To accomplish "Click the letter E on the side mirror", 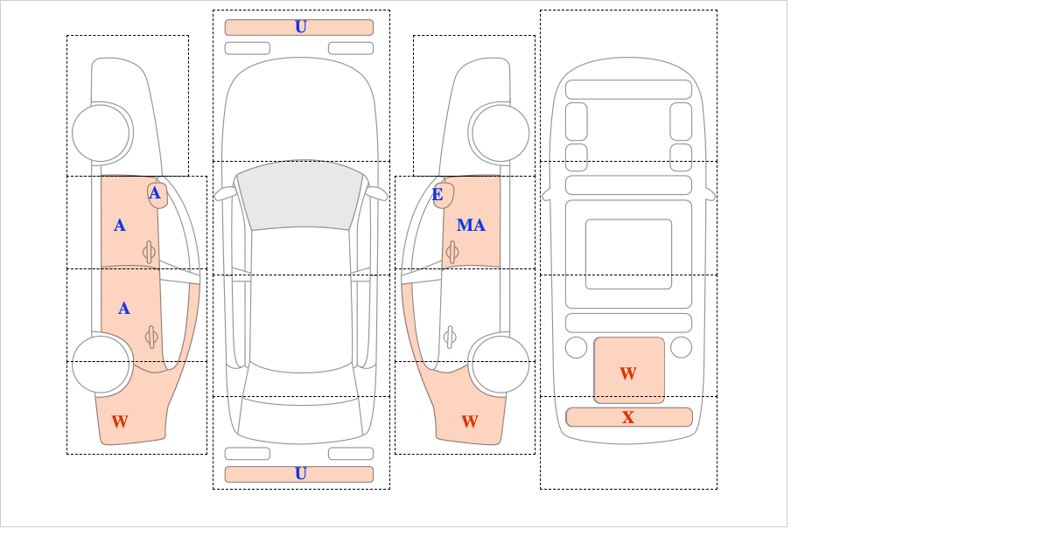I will [437, 194].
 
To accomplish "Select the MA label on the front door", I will [471, 226].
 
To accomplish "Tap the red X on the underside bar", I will [628, 417].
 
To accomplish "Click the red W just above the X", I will [628, 373].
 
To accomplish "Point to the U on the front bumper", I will [300, 27].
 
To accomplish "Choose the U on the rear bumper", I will [300, 474].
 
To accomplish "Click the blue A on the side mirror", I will [155, 193].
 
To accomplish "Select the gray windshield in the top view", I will [299, 195].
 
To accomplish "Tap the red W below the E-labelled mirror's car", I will [470, 421].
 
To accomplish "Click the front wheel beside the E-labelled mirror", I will [500, 133].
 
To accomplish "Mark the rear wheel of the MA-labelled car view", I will [500, 364].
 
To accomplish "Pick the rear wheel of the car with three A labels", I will [101, 364].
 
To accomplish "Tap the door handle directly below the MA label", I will [452, 252].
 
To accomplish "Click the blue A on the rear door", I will [124, 308].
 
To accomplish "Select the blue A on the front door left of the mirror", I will [120, 226].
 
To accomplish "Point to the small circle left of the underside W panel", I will [576, 347].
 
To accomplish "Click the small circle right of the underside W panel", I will [681, 347].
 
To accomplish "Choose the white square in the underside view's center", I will [628, 254].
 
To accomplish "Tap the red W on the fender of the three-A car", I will [120, 421].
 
